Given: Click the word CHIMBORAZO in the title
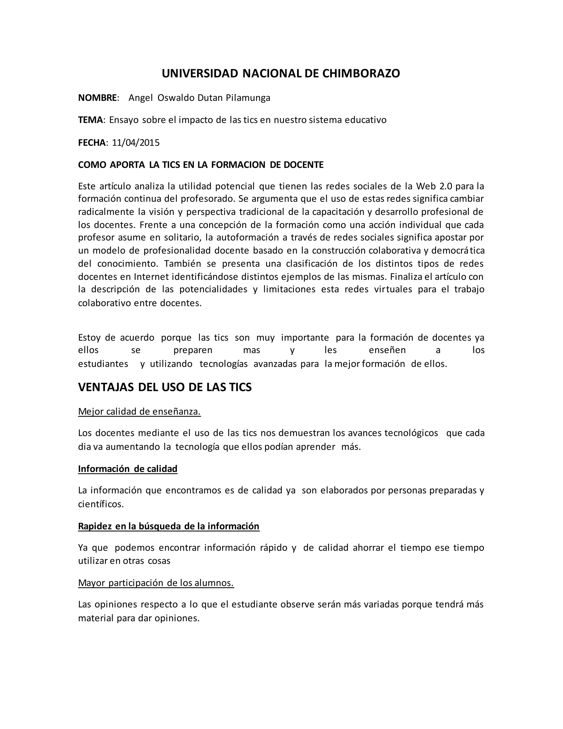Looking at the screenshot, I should [x=361, y=73].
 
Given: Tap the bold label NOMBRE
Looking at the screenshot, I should [x=97, y=98].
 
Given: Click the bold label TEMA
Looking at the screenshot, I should [x=91, y=120].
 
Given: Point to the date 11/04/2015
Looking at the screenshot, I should [x=136, y=143].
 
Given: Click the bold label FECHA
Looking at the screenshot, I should [x=92, y=143].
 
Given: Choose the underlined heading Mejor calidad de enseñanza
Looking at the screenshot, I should [x=139, y=412].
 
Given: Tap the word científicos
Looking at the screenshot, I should [x=101, y=504].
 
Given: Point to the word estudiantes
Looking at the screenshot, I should [x=103, y=364].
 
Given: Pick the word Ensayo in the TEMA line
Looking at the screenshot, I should [x=124, y=120].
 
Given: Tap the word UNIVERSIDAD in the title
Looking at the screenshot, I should [x=200, y=73].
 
